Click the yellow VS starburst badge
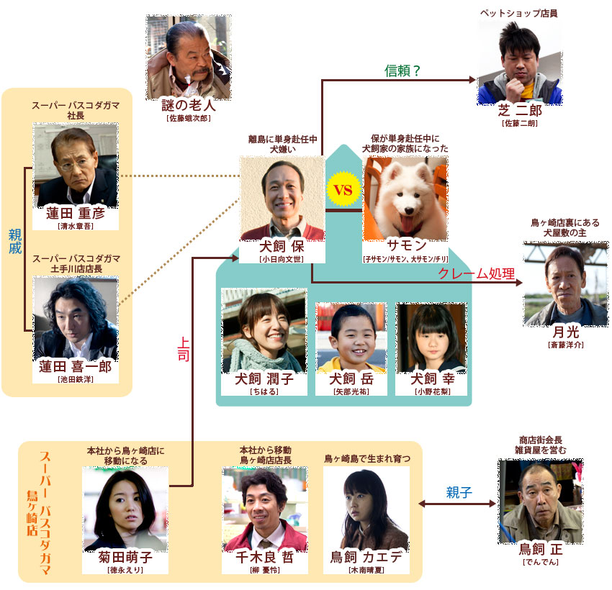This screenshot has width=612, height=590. [x=343, y=189]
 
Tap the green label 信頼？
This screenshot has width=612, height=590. [x=402, y=71]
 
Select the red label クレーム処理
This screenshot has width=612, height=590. [x=476, y=273]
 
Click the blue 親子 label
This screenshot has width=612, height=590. [x=459, y=493]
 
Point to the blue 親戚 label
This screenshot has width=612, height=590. [x=15, y=241]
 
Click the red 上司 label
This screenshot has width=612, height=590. [x=184, y=349]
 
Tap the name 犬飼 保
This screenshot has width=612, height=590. [x=282, y=247]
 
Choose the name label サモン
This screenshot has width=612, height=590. [x=407, y=245]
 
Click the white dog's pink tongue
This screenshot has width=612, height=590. [x=407, y=225]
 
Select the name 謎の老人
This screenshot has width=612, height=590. [x=189, y=105]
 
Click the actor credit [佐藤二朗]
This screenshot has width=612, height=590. [x=520, y=123]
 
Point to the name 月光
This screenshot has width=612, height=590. [x=565, y=332]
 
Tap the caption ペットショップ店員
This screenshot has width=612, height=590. [x=518, y=13]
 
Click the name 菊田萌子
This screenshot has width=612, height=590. [x=125, y=557]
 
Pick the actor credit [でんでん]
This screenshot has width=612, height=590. [x=541, y=562]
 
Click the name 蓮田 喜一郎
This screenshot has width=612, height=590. [x=76, y=366]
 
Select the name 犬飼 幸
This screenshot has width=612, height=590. [x=433, y=378]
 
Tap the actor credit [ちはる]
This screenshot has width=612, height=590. [x=264, y=391]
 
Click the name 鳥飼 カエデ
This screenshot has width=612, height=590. [x=366, y=557]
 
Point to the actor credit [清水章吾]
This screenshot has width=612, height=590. [x=76, y=226]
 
